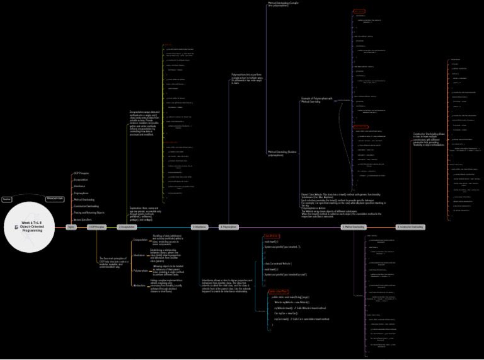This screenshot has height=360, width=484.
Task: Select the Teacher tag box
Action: (x=7, y=199)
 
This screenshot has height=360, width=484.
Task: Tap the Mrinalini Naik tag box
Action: (x=55, y=199)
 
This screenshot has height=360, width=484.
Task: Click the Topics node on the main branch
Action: (x=71, y=227)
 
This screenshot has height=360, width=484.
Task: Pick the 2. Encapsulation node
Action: (x=127, y=227)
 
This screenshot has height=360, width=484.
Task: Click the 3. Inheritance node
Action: (x=200, y=227)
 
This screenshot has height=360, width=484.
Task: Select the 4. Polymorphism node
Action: (x=229, y=227)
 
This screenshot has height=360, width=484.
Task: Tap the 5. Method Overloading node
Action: (x=353, y=227)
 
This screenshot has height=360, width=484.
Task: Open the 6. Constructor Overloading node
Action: (x=410, y=227)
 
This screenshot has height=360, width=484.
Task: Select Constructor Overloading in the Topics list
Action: (x=86, y=206)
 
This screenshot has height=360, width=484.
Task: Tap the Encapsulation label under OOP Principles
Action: (x=141, y=240)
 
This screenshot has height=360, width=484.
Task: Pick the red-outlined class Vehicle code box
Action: (x=271, y=236)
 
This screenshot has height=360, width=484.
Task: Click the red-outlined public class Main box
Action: (x=279, y=291)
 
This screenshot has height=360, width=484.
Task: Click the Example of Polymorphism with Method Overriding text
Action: (x=315, y=100)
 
